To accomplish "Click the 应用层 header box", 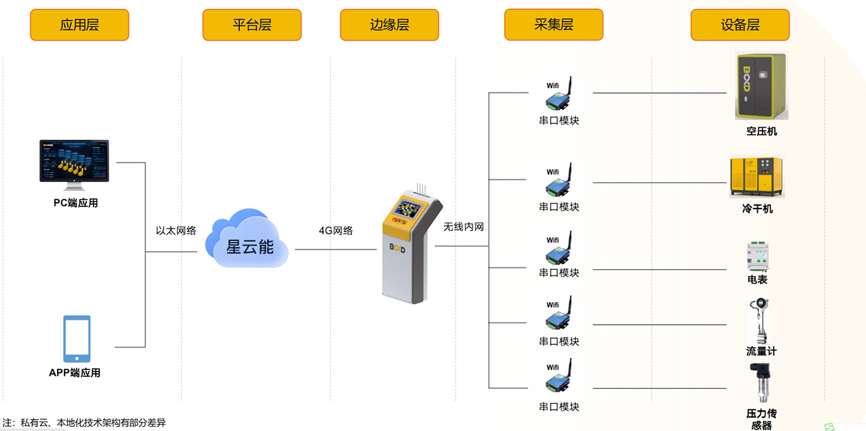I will [x=79, y=25].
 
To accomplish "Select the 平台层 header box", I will [x=252, y=25].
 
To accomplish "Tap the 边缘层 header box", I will [x=389, y=25].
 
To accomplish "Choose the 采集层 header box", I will [x=554, y=25].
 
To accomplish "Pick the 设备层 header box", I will [x=740, y=25].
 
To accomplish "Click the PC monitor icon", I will [x=74, y=161].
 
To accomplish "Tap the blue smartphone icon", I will [x=77, y=339].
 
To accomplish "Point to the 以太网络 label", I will [x=176, y=231].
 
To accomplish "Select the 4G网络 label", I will [x=336, y=231].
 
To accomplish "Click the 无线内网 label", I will [x=463, y=227].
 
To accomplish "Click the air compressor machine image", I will [x=761, y=86].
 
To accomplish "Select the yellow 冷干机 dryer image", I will [x=757, y=177].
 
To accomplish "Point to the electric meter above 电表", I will [x=758, y=256].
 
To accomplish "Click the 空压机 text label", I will [x=761, y=131].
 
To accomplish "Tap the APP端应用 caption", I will [x=75, y=373].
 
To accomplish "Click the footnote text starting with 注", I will [x=84, y=423].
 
